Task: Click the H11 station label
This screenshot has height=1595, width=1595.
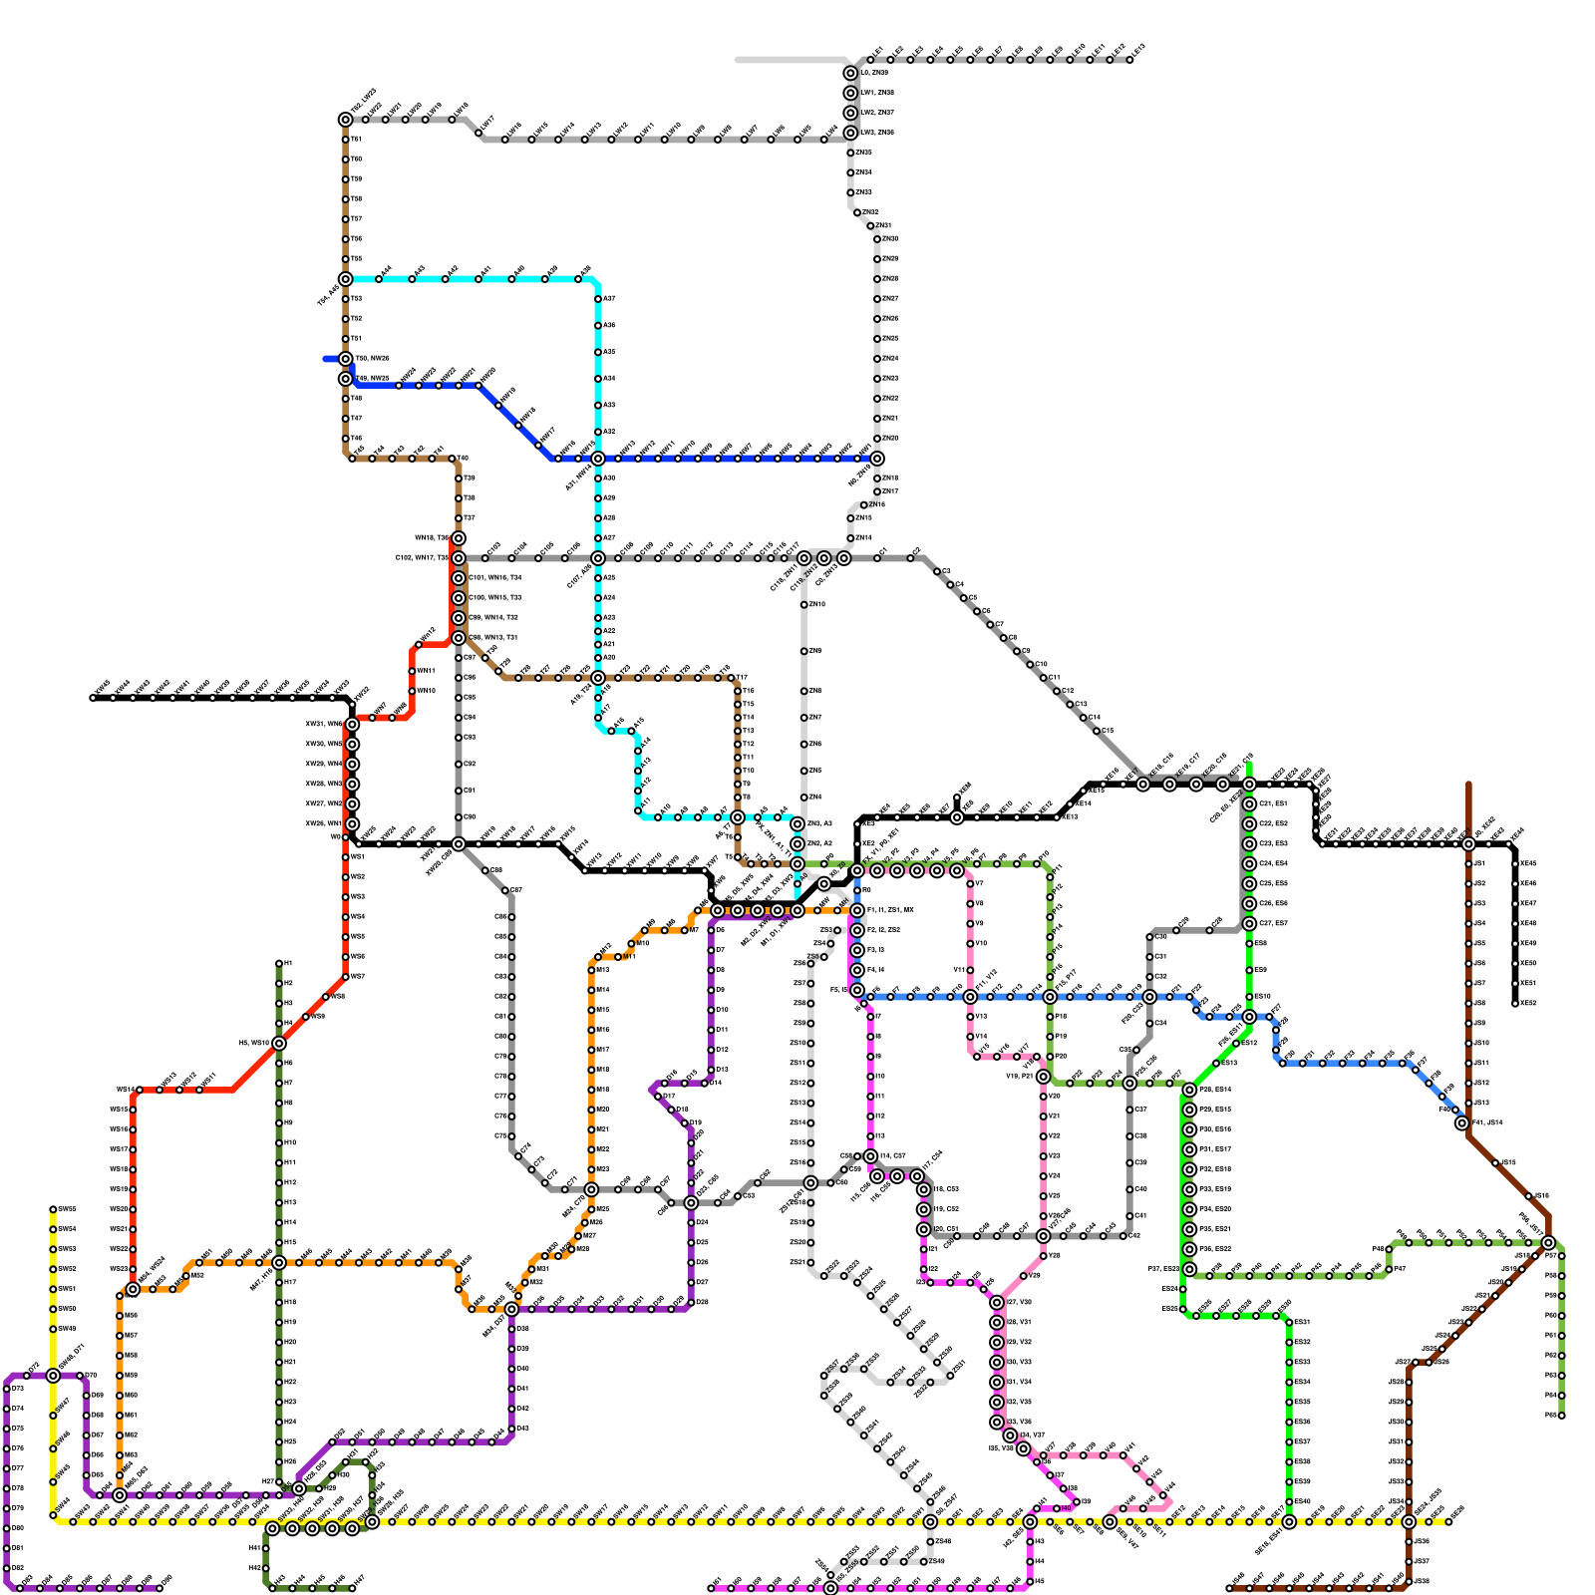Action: coord(289,1162)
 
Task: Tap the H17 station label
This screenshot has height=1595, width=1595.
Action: coord(290,1282)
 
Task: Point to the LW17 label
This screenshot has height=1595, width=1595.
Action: coord(487,123)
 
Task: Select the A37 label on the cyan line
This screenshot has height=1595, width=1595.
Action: coord(609,299)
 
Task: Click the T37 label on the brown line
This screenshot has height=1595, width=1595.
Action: coord(470,518)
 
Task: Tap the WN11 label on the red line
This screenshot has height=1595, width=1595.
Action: coord(426,671)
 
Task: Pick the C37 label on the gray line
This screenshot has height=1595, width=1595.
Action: coord(1141,1110)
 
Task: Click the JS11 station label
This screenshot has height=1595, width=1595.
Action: coord(1481,1063)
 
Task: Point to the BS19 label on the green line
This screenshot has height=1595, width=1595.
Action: coord(1261,997)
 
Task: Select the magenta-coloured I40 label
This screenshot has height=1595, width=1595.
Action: coord(1067,1508)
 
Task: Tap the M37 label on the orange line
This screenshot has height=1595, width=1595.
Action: coord(131,1336)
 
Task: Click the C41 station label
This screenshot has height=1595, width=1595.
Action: coord(1141,1216)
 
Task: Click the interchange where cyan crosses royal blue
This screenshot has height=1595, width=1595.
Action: coord(598,459)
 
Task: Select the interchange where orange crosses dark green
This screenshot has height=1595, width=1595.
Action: coord(279,1262)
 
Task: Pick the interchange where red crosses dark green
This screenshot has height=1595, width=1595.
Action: coord(279,1043)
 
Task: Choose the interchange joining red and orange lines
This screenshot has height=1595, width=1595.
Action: coord(133,1289)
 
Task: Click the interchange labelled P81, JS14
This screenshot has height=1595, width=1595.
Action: coord(1461,1122)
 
